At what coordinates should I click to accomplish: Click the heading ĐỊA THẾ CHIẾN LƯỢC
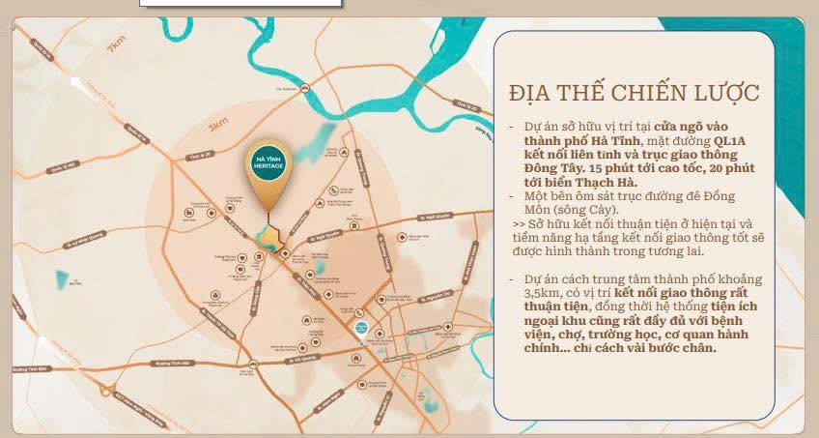point(634,93)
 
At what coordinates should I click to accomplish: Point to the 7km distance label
point(118,44)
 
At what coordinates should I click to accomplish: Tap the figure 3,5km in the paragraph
point(542,292)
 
